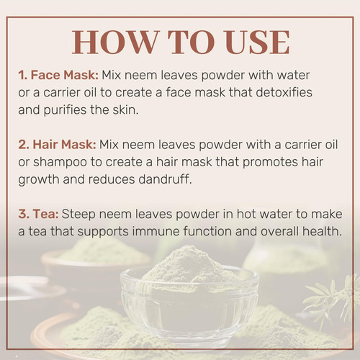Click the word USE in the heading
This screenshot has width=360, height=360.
(257, 42)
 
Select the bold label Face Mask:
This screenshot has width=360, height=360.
(65, 75)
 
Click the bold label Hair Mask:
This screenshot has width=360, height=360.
(64, 145)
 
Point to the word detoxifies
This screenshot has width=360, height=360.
(284, 92)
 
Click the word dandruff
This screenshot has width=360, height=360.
(165, 179)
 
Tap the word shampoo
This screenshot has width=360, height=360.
(60, 163)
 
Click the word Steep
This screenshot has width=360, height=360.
(78, 215)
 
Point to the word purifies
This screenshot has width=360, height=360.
(65, 111)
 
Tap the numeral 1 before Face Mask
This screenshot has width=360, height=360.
(21, 75)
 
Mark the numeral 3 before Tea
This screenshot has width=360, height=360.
(22, 214)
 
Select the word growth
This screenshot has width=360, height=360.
(39, 180)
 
